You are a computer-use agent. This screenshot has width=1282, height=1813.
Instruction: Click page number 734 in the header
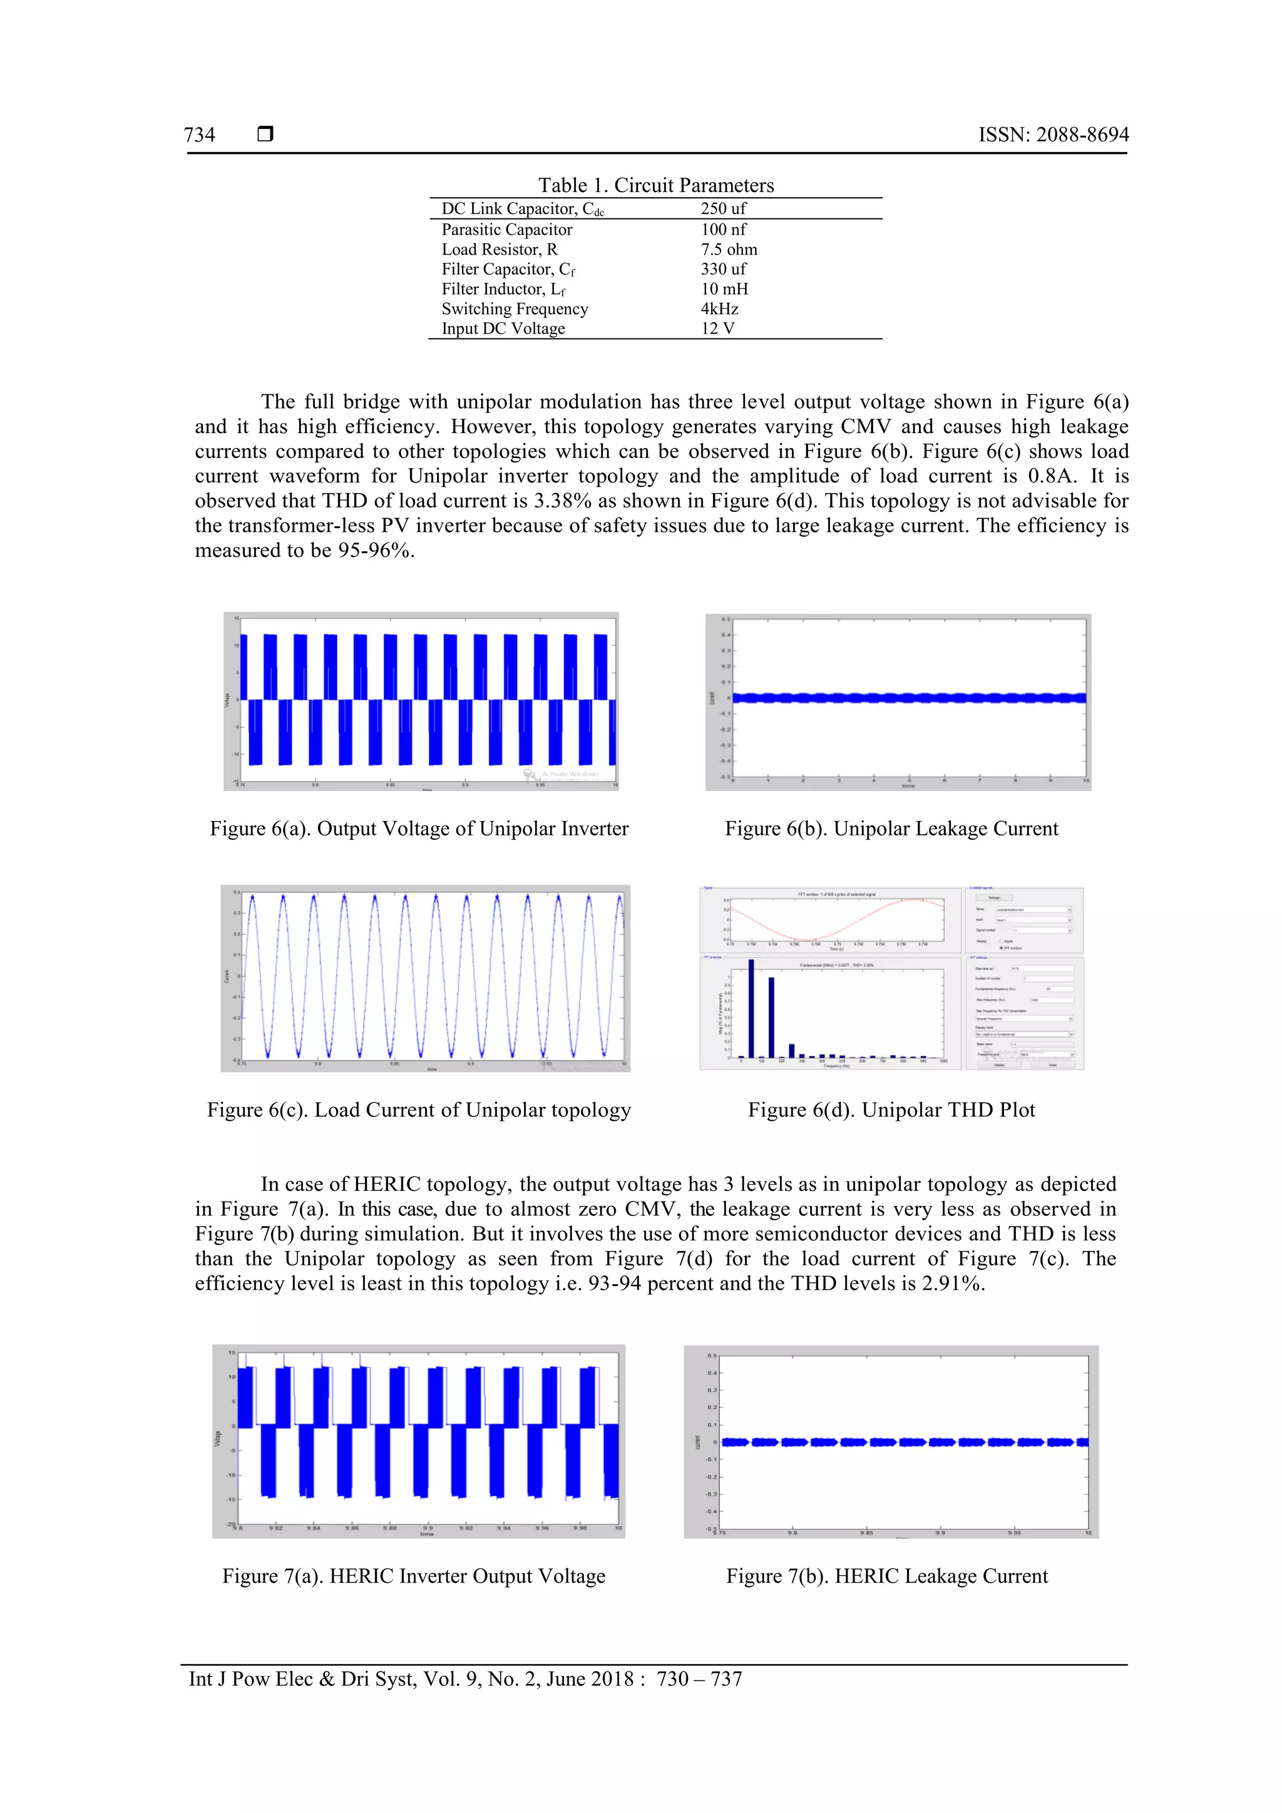click(x=199, y=135)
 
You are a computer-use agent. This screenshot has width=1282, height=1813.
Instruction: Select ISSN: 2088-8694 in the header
click(x=1053, y=135)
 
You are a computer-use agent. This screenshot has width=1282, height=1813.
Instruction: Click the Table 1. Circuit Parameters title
click(x=655, y=186)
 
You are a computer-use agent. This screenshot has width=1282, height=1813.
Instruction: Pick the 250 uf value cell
click(x=723, y=208)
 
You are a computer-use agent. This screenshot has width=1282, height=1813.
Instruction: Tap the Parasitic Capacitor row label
click(x=506, y=230)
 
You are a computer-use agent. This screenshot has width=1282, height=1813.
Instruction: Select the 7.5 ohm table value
click(x=728, y=250)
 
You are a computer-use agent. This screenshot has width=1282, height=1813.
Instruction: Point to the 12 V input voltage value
click(x=717, y=329)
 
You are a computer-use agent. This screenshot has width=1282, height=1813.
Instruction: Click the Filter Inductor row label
click(x=503, y=289)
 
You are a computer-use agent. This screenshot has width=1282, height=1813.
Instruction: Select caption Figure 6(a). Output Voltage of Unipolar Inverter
click(x=419, y=829)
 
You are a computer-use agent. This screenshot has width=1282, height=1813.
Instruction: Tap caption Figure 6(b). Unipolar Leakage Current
click(x=891, y=829)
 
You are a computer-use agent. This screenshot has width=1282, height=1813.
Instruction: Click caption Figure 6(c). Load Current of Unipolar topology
click(x=419, y=1110)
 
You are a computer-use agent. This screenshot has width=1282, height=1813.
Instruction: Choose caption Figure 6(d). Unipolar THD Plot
click(x=891, y=1110)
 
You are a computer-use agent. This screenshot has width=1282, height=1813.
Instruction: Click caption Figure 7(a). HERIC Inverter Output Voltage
click(x=414, y=1576)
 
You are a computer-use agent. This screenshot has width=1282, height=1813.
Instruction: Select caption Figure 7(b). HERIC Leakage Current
click(x=886, y=1576)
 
